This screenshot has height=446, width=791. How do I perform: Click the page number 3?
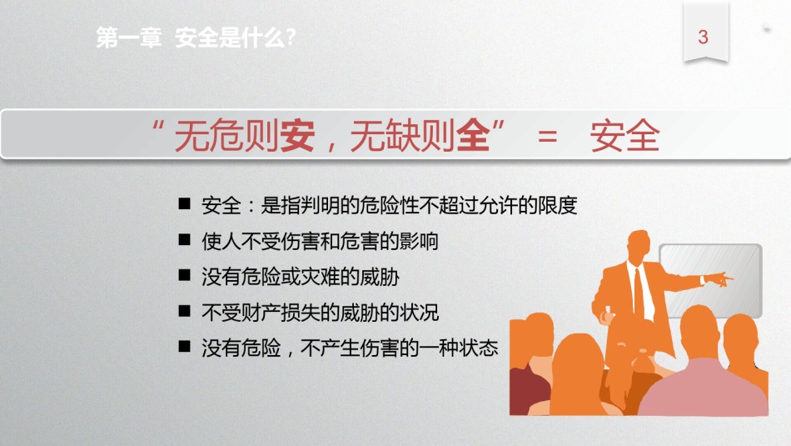(704, 37)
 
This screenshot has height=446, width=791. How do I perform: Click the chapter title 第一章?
(129, 38)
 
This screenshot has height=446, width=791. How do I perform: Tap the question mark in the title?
(290, 38)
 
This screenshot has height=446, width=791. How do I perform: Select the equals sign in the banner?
(547, 137)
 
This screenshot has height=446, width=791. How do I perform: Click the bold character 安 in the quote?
(297, 136)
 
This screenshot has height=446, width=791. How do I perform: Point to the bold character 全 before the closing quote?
(473, 136)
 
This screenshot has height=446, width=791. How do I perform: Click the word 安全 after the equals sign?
(624, 136)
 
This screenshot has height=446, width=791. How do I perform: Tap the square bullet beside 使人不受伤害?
(185, 239)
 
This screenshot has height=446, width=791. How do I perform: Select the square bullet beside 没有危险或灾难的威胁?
(185, 275)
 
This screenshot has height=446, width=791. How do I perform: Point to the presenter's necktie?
(639, 293)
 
